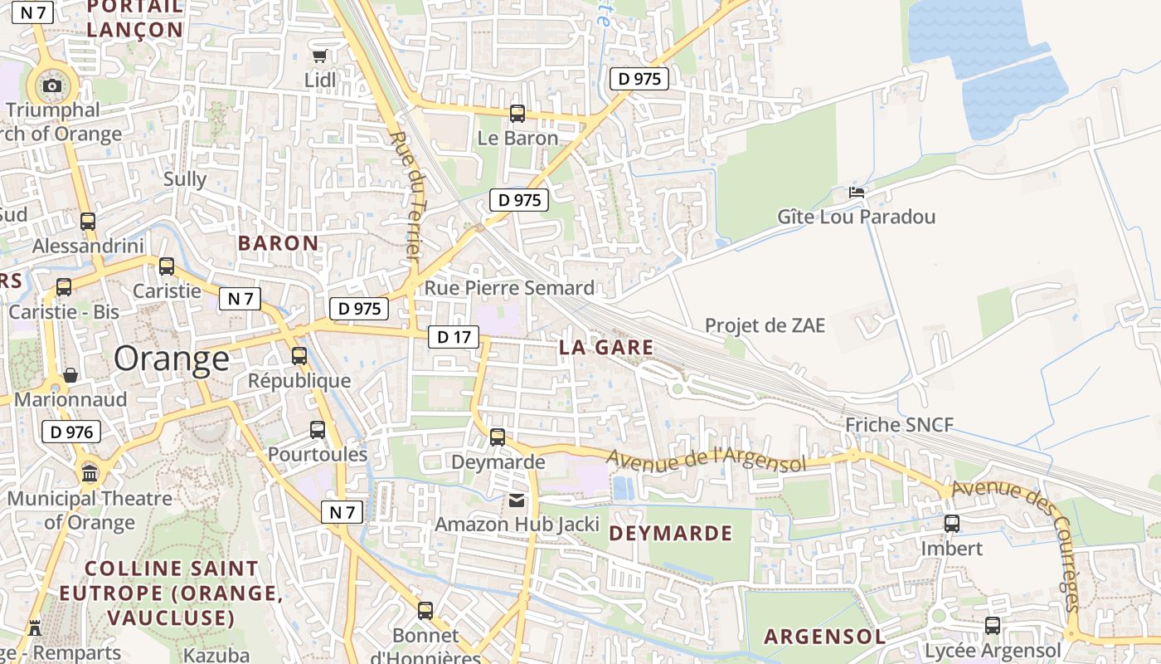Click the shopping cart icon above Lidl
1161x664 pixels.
click(x=319, y=56)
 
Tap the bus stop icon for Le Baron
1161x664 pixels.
click(x=517, y=114)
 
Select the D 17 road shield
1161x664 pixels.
click(x=454, y=337)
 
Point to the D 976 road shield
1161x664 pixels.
click(x=70, y=432)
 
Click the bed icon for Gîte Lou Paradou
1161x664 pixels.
click(x=857, y=193)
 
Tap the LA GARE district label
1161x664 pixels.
click(x=606, y=348)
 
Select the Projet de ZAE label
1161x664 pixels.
click(x=765, y=325)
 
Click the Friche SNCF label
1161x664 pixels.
click(x=899, y=426)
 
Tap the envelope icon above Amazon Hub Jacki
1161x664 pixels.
click(x=517, y=500)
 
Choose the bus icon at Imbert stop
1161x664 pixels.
click(x=952, y=524)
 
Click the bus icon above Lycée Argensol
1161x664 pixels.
click(x=993, y=626)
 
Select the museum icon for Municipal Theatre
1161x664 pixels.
click(x=90, y=474)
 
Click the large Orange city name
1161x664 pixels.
click(x=172, y=359)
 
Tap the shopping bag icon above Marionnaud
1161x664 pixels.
click(x=70, y=375)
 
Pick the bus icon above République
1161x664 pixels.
click(x=299, y=356)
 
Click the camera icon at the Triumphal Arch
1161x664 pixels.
click(x=52, y=85)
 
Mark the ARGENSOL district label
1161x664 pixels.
click(x=824, y=637)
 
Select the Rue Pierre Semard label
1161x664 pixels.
click(x=509, y=288)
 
